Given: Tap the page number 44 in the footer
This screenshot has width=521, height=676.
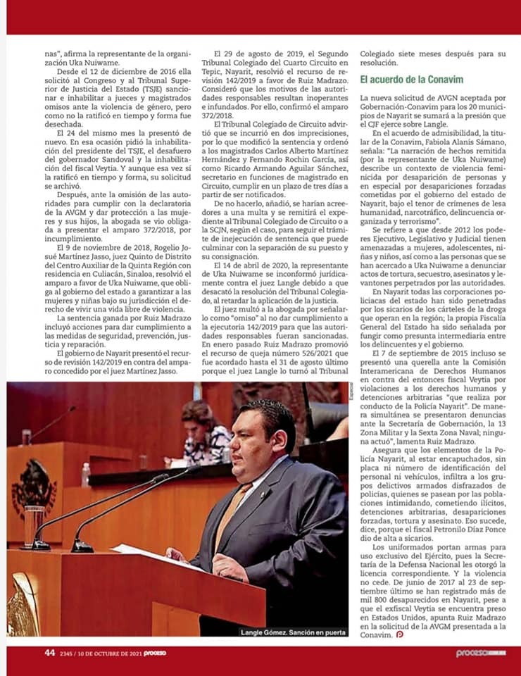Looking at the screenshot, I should [49, 653].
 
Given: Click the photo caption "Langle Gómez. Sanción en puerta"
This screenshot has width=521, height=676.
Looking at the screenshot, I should [294, 632].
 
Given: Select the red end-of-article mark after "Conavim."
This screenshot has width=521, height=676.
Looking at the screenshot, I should [400, 635].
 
